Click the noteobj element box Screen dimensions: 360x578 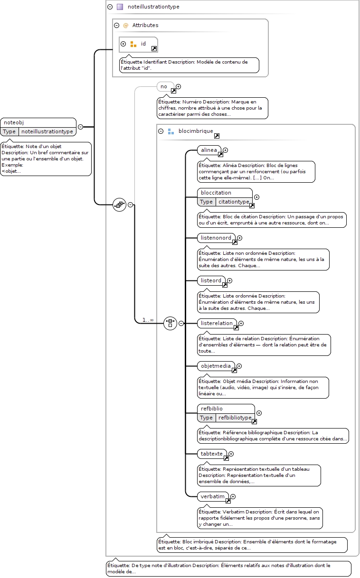point(38,127)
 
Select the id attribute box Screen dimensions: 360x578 point(138,45)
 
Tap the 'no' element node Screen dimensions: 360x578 point(165,87)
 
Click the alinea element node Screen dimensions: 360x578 point(209,150)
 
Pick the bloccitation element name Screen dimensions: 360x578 point(216,193)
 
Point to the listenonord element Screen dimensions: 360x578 point(216,238)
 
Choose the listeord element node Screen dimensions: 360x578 point(211,281)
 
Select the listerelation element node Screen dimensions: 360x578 point(217,323)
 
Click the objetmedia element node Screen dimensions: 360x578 point(216,366)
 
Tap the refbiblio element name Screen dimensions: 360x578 point(211,409)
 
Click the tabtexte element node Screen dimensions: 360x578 point(212,454)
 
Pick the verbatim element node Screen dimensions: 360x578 point(213,496)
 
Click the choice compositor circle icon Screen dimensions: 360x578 point(170,323)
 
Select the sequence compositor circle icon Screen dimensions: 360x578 point(119,205)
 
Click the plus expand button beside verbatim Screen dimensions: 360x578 point(233,496)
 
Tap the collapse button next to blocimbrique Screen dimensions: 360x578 point(161,131)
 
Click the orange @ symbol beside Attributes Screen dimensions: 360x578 point(126,25)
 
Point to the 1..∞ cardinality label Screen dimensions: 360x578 point(148,320)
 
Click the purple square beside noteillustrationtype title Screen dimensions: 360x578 point(120,7)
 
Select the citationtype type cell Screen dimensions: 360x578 point(234,202)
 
